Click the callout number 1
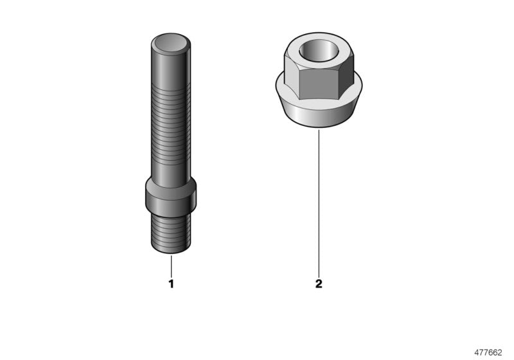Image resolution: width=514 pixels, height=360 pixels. coord(171,283)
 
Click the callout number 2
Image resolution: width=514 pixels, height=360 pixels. coord(319,283)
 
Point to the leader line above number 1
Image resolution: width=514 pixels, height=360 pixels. coord(171,265)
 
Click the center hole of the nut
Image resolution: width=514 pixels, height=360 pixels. coord(319,50)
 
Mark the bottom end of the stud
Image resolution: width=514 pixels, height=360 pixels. coord(171,252)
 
